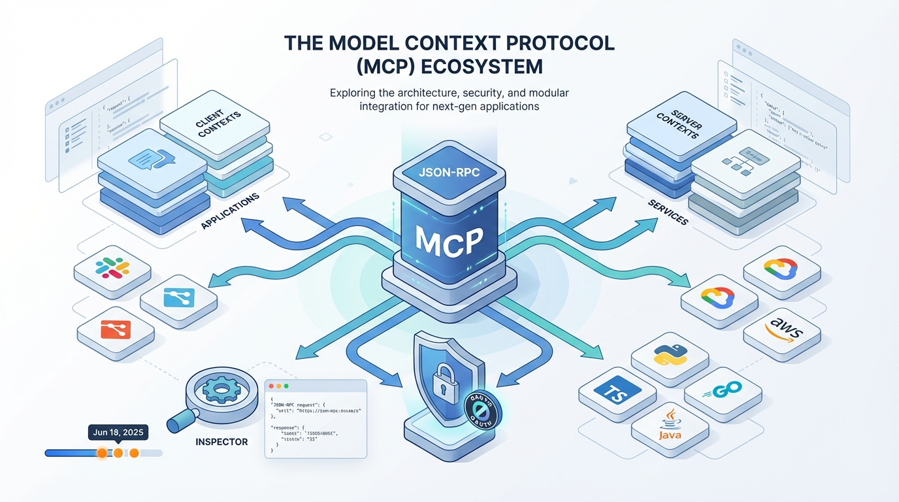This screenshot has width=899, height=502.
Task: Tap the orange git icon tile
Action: pyautogui.click(x=115, y=329)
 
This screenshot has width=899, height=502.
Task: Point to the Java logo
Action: pyautogui.click(x=670, y=424)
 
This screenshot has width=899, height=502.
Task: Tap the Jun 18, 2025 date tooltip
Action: pyautogui.click(x=118, y=433)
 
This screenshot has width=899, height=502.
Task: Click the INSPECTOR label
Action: pyautogui.click(x=221, y=442)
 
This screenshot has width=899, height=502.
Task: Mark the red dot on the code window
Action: pyautogui.click(x=272, y=388)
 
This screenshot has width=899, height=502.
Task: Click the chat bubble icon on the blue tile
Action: pyautogui.click(x=154, y=159)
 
